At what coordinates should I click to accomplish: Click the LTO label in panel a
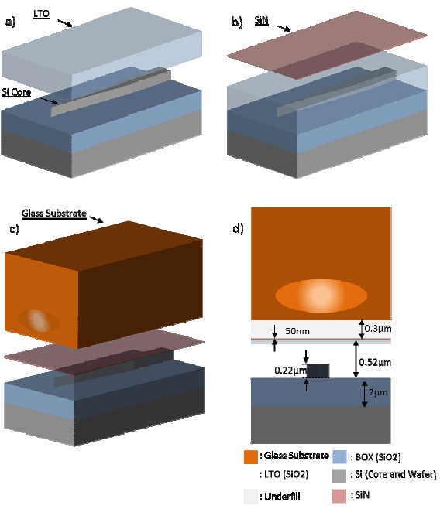pyautogui.click(x=41, y=14)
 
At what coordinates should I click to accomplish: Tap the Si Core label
pyautogui.click(x=16, y=93)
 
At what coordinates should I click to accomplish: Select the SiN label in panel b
pyautogui.click(x=262, y=21)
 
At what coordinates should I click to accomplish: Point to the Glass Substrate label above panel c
pyautogui.click(x=54, y=214)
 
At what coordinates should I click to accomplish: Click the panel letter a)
pyautogui.click(x=10, y=22)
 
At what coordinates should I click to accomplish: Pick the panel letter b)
pyautogui.click(x=237, y=22)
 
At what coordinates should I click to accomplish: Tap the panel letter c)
pyautogui.click(x=14, y=229)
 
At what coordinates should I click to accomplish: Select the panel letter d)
pyautogui.click(x=238, y=229)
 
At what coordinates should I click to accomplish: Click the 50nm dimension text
pyautogui.click(x=297, y=331)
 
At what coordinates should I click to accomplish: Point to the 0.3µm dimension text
pyautogui.click(x=378, y=329)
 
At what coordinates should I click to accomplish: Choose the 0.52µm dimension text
pyautogui.click(x=375, y=362)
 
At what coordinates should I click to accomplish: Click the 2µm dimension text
pyautogui.click(x=378, y=392)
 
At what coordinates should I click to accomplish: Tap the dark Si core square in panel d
pyautogui.click(x=318, y=371)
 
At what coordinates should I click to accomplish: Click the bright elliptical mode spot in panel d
pyautogui.click(x=321, y=295)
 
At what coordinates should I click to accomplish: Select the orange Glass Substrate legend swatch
pyautogui.click(x=251, y=457)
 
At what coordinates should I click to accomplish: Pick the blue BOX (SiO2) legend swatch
pyautogui.click(x=339, y=457)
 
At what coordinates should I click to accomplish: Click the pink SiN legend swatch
pyautogui.click(x=339, y=496)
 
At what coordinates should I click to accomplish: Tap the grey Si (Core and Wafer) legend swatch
pyautogui.click(x=339, y=476)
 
